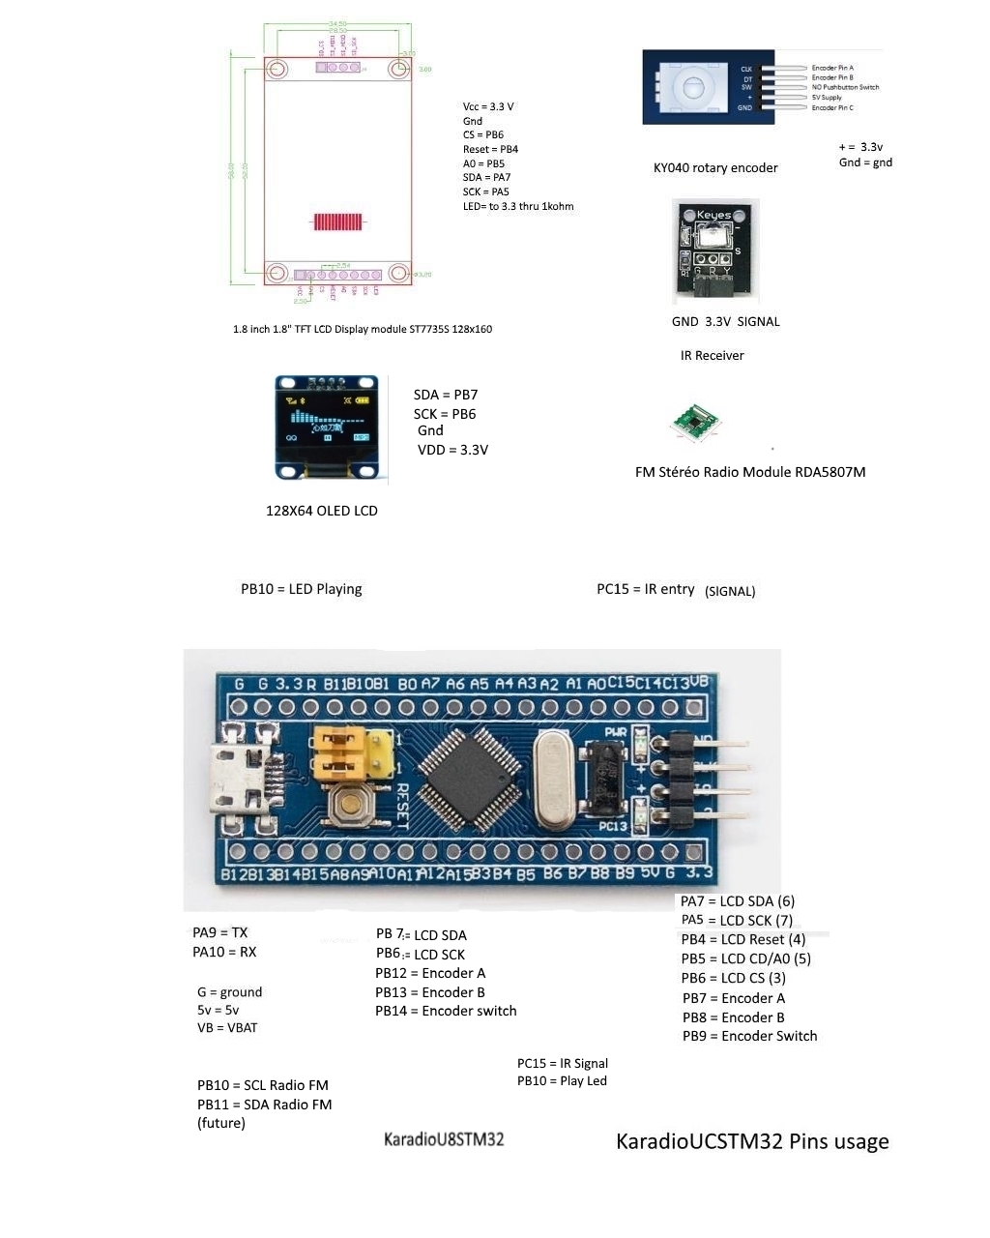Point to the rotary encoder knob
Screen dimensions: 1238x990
[693, 86]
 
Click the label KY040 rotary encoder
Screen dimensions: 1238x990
[715, 168]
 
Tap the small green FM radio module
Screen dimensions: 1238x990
[696, 423]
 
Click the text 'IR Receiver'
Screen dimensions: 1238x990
[712, 356]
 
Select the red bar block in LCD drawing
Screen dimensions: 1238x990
[338, 221]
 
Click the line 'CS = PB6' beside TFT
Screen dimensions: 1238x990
[483, 135]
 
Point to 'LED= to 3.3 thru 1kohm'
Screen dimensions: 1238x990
[518, 206]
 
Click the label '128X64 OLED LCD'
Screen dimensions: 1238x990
[321, 511]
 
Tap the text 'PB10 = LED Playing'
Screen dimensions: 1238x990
[302, 589]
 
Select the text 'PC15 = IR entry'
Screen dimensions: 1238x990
[646, 589]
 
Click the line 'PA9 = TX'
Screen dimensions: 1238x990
[220, 933]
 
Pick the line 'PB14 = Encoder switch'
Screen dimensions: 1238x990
[446, 1012]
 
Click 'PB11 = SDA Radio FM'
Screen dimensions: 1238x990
[264, 1105]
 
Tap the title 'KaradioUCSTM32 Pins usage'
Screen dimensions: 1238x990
[752, 1142]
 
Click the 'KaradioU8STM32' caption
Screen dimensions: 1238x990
[444, 1139]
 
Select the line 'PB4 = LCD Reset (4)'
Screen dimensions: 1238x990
[742, 940]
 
